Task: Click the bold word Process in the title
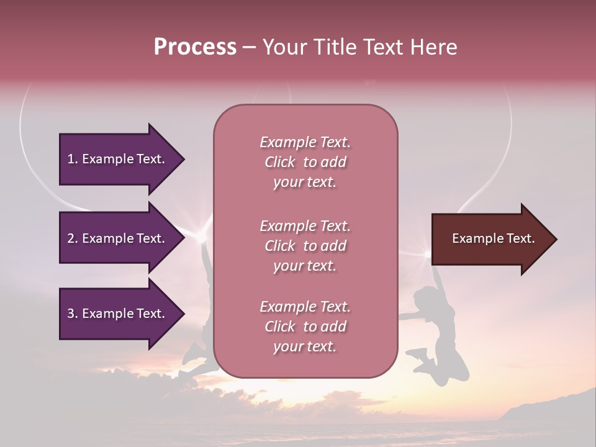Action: tap(195, 47)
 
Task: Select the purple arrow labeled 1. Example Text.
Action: tap(118, 159)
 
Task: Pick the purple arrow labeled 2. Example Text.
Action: tap(118, 238)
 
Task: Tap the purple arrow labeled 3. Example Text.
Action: tap(118, 314)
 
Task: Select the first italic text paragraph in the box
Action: tap(305, 162)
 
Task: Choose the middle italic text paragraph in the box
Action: tap(305, 246)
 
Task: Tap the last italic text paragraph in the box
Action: tap(305, 327)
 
